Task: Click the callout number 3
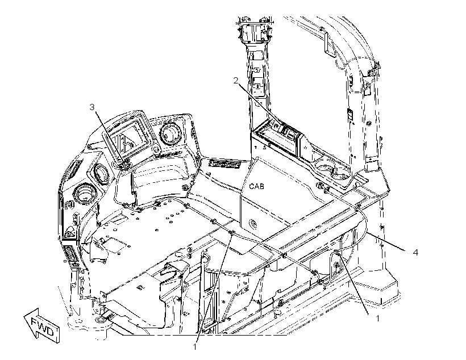point(92,107)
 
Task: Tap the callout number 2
point(236,81)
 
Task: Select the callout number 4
point(415,253)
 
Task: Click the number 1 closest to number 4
point(378,319)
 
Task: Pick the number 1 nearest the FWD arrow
point(195,346)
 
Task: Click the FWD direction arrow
point(42,325)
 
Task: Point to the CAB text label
point(256,187)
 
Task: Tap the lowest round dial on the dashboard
point(86,194)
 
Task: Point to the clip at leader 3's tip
point(125,164)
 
